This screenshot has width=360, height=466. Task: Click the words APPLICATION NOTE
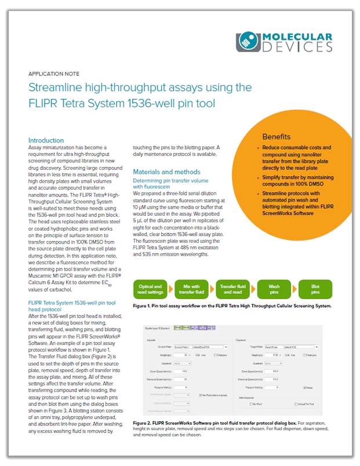point(54,74)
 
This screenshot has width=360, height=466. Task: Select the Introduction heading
point(46,140)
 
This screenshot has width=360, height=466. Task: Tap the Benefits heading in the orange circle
point(277,137)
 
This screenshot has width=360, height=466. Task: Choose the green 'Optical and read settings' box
point(150,289)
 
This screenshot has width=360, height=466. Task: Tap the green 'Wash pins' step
point(274,289)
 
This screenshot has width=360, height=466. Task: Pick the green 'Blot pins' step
point(315,289)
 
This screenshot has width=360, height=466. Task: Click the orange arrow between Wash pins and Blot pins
point(294,289)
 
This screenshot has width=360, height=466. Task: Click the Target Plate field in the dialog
point(278,347)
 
